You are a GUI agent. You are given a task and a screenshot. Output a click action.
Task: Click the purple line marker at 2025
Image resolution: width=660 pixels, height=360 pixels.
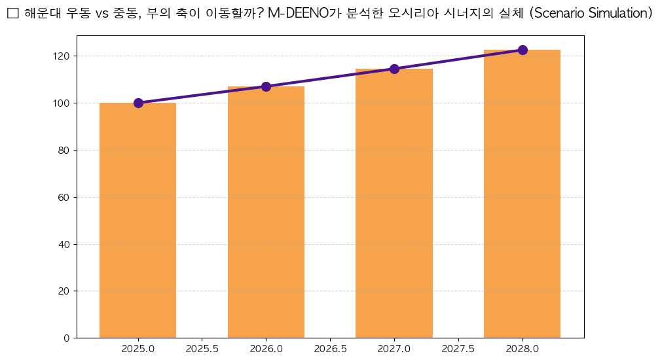click(x=138, y=103)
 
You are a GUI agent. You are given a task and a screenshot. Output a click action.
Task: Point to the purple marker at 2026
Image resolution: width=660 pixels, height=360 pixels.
click(x=266, y=86)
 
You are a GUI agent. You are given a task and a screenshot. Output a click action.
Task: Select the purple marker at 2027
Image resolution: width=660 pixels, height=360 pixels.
click(x=394, y=69)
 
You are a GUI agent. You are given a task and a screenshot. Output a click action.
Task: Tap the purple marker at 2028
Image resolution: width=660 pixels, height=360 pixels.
click(x=522, y=50)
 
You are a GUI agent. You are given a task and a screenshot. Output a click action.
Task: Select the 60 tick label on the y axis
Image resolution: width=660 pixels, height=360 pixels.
click(x=64, y=197)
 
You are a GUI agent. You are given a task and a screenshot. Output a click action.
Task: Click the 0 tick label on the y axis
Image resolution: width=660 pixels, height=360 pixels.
click(x=67, y=338)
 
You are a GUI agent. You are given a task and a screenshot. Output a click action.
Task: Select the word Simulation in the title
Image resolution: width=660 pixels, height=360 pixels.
click(x=615, y=14)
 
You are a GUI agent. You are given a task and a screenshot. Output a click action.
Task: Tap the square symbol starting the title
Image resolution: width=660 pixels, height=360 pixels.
click(x=12, y=14)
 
